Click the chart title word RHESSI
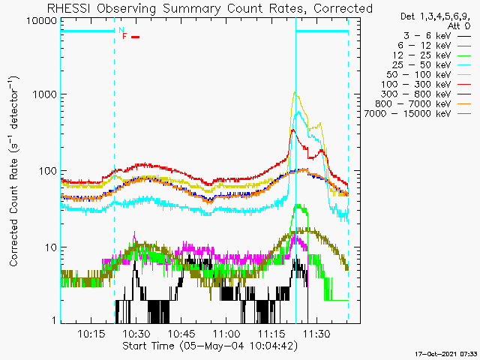[69, 8]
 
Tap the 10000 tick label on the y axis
[42, 21]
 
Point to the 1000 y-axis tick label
[45, 94]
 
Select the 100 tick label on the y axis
[48, 171]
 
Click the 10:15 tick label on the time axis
[91, 333]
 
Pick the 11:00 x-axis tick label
[226, 333]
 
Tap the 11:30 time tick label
[316, 333]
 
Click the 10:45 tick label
[181, 333]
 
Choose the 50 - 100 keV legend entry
[418, 75]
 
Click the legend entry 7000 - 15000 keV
[407, 114]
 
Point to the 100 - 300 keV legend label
[415, 85]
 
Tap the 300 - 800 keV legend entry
[415, 94]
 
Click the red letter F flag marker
[124, 37]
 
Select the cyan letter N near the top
[121, 30]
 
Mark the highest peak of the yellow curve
[295, 91]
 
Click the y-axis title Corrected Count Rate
[13, 212]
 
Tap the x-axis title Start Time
[148, 346]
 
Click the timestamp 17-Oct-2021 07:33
[445, 354]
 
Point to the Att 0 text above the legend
[458, 26]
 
